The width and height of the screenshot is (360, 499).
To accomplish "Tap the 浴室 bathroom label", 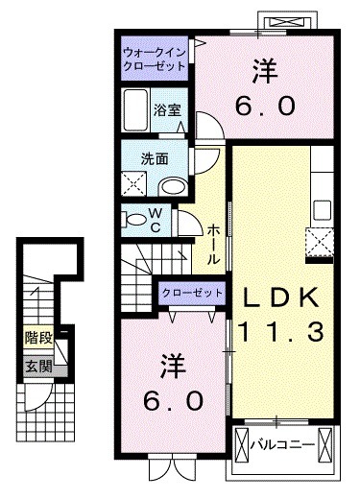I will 167,110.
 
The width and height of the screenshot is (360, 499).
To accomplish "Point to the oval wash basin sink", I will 172,187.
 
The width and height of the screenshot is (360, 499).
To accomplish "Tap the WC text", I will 155,220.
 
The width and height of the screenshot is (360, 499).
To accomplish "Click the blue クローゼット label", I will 193,292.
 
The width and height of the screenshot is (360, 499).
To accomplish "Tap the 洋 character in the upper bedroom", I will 264,69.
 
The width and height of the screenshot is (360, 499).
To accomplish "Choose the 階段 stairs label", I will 38,338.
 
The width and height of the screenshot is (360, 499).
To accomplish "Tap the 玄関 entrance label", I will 38,366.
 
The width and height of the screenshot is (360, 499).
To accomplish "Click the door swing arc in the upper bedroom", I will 206,123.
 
